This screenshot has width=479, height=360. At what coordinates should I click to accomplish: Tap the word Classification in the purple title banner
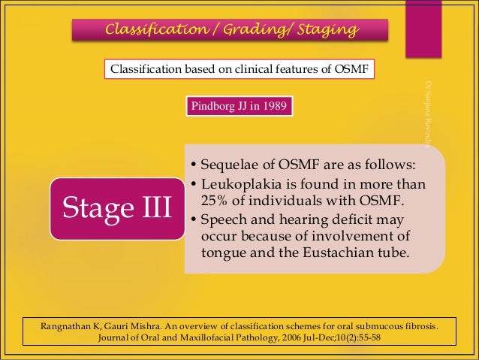pyautogui.click(x=152, y=30)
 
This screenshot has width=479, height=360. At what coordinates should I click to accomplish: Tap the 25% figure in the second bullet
pyautogui.click(x=216, y=201)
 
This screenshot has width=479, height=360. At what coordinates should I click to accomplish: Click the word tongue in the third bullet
pyautogui.click(x=223, y=253)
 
